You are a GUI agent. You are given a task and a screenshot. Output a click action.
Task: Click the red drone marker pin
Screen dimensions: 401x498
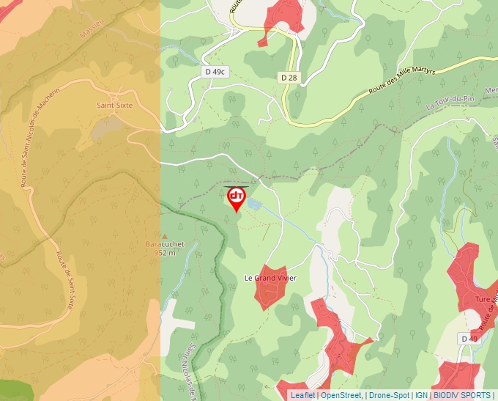point(236,198)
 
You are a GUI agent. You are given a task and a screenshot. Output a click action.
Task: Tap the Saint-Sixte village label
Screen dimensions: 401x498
point(115,105)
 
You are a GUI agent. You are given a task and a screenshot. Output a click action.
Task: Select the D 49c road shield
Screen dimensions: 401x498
point(215,71)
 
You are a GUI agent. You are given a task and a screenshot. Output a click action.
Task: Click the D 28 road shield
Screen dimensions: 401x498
point(288,77)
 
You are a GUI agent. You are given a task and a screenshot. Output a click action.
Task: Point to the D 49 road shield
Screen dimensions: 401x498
point(469,338)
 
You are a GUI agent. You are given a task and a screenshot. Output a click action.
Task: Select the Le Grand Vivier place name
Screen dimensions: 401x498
point(270,278)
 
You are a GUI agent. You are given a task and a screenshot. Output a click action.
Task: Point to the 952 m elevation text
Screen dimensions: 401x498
point(165,252)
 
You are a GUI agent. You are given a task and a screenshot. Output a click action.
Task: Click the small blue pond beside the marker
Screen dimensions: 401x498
point(253,203)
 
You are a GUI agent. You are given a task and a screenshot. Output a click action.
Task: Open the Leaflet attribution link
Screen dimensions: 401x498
point(302,395)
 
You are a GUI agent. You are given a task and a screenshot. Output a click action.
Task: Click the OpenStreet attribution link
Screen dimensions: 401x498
point(341,395)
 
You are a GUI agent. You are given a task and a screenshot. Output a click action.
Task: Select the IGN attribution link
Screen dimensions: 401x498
point(421,395)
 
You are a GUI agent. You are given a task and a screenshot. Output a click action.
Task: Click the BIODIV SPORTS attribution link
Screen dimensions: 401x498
point(461,395)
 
